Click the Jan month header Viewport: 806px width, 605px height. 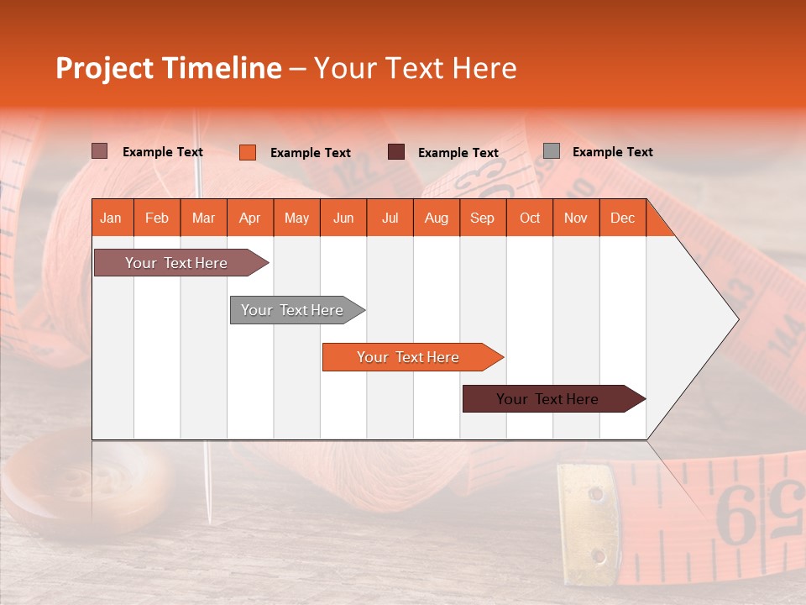pos(111,218)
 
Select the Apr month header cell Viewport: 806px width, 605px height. pos(250,218)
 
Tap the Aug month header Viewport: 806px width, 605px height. pos(436,218)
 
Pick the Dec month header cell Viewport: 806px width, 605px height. pos(622,218)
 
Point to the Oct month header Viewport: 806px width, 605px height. pos(530,218)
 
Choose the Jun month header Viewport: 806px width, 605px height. pos(343,218)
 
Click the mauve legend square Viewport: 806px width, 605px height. pos(99,151)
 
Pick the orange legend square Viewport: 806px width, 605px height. pos(247,152)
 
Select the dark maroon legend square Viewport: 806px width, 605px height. pos(395,152)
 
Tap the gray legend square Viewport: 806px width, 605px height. pos(551,151)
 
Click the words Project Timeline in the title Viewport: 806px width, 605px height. pos(168,68)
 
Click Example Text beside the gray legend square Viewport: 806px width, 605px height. pos(612,152)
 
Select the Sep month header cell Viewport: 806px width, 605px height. pos(482,218)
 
